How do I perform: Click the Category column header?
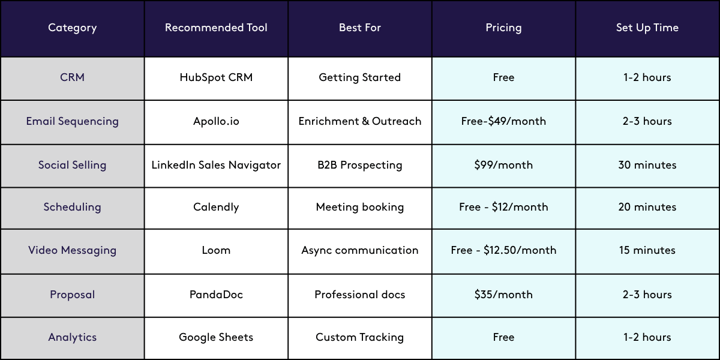(72, 28)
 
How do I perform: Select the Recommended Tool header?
(216, 28)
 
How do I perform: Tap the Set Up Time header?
(647, 28)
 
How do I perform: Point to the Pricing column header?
(503, 28)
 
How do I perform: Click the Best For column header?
(360, 28)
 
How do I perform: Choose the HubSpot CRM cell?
(216, 77)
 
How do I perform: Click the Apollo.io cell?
(216, 121)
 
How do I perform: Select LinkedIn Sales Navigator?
(216, 165)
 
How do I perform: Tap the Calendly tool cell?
(216, 207)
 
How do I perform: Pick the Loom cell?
(216, 250)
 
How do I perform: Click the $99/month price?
(503, 165)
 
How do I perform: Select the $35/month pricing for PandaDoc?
(503, 295)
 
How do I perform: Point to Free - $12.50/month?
(503, 250)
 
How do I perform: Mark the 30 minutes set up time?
(647, 165)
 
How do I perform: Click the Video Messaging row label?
(72, 250)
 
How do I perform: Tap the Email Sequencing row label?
(72, 121)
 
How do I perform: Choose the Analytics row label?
(72, 337)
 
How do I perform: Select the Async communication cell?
(360, 250)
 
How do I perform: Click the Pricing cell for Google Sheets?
(503, 337)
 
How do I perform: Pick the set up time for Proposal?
(647, 295)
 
